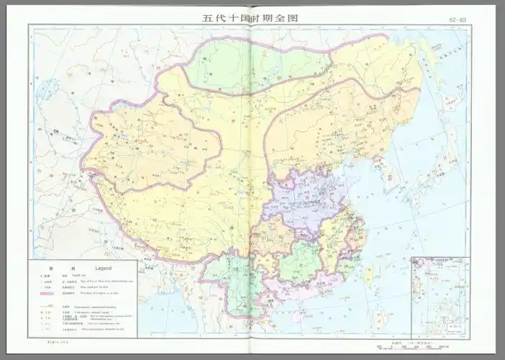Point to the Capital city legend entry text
click(78, 275)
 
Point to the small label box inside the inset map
click(456, 325)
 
